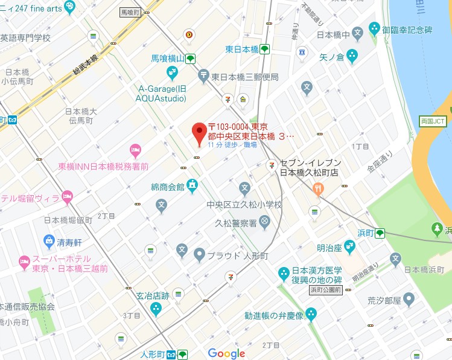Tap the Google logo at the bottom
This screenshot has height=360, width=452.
226,353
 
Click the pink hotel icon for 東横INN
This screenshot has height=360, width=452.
136,149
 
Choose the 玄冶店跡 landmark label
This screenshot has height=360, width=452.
152,296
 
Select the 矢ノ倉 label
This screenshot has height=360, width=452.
331,57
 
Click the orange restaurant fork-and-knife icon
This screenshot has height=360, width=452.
318,190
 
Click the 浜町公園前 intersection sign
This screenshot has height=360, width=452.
326,290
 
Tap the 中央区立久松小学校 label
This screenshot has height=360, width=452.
244,205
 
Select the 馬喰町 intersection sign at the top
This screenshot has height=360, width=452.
131,11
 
